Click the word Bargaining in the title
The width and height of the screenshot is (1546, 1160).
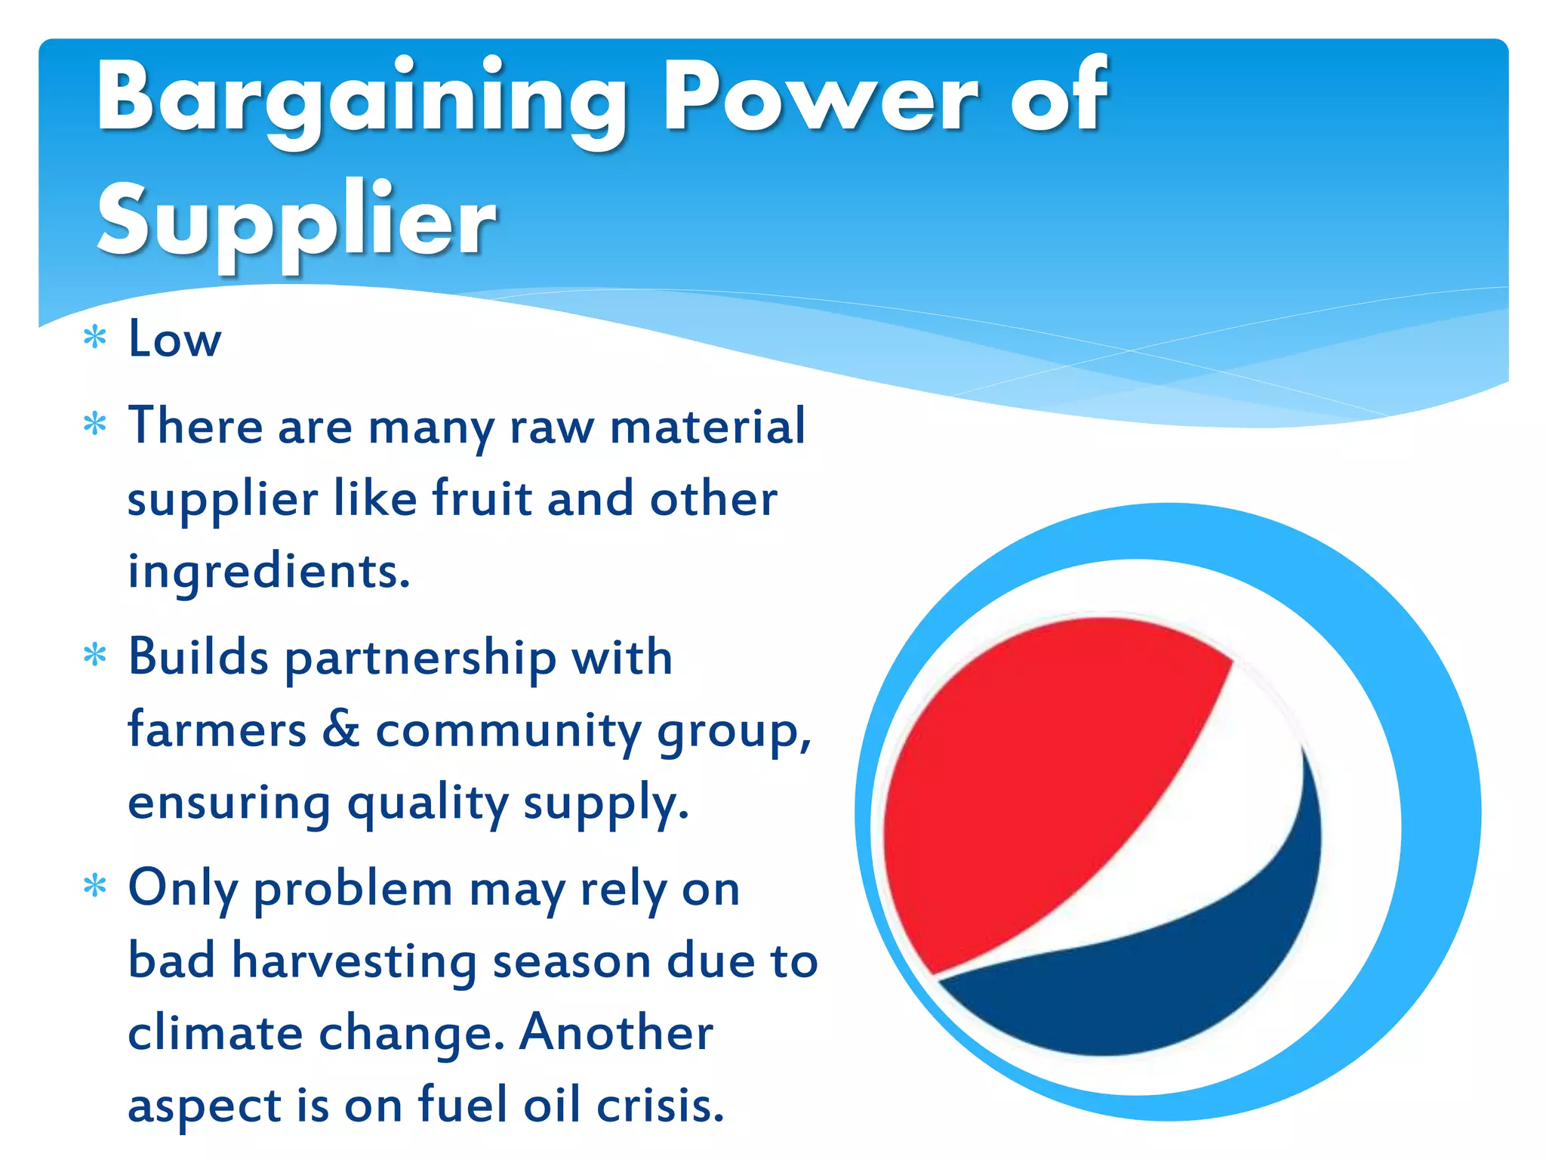pos(361,98)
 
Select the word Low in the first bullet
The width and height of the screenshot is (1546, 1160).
pos(175,339)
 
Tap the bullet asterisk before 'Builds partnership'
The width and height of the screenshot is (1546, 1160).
pos(95,655)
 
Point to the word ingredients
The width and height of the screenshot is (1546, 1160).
pos(269,572)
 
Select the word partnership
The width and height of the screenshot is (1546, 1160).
pos(420,659)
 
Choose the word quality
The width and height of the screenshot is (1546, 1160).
pos(427,804)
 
